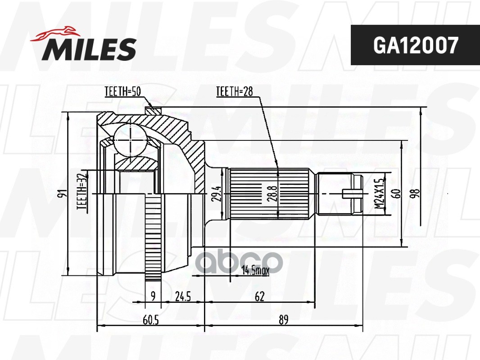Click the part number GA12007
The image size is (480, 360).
[416, 45]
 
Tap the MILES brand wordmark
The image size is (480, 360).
[89, 49]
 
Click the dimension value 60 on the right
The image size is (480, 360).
[397, 193]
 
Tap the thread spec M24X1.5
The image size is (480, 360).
[379, 193]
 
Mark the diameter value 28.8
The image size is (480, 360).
[267, 193]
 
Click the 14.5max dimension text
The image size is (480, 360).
[255, 270]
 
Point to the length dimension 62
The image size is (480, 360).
[259, 296]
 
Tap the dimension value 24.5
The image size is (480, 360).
[183, 296]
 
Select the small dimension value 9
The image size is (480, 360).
[153, 296]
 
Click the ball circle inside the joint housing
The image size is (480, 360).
[130, 140]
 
